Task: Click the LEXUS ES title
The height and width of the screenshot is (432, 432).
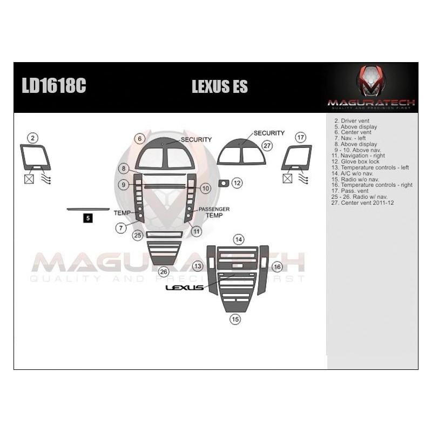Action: pyautogui.click(x=220, y=87)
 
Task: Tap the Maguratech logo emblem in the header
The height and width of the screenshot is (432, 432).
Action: pyautogui.click(x=371, y=81)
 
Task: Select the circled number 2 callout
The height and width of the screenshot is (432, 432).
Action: pyautogui.click(x=33, y=138)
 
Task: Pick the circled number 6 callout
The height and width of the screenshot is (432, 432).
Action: pyautogui.click(x=140, y=139)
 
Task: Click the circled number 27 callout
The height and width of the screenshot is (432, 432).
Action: pyautogui.click(x=267, y=145)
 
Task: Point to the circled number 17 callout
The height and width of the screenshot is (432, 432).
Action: pyautogui.click(x=301, y=138)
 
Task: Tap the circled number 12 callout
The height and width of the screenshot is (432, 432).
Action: pyautogui.click(x=237, y=184)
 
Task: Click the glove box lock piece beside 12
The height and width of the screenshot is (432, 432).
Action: pyautogui.click(x=223, y=184)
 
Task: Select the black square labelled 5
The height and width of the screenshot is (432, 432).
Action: pyautogui.click(x=88, y=218)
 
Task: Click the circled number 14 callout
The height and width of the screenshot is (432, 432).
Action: pyautogui.click(x=238, y=239)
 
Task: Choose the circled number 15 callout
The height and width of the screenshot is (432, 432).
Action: pyautogui.click(x=235, y=319)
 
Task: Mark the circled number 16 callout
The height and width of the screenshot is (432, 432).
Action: pyautogui.click(x=277, y=267)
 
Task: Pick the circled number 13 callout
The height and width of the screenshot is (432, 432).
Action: pyautogui.click(x=198, y=266)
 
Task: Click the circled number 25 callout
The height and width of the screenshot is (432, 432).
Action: pyautogui.click(x=138, y=235)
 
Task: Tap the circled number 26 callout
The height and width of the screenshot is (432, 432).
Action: pyautogui.click(x=163, y=272)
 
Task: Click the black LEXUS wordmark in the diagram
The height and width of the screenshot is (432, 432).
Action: pyautogui.click(x=184, y=288)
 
